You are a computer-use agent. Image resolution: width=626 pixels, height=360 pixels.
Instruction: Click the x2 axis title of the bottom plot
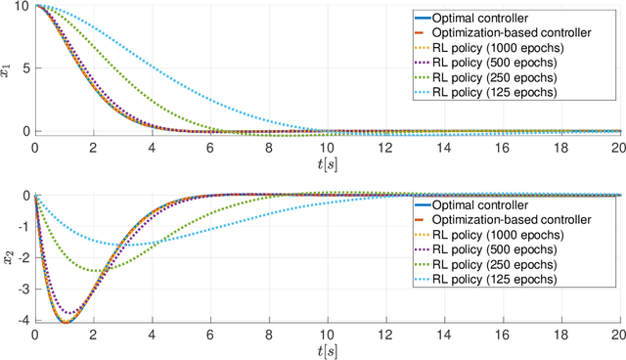tap(9, 258)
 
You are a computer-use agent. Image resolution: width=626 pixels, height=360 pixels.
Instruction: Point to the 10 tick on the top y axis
tap(23, 6)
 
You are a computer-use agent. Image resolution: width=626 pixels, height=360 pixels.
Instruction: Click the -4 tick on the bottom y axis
tap(24, 319)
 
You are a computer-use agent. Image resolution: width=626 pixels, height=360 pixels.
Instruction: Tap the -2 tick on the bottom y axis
tap(24, 257)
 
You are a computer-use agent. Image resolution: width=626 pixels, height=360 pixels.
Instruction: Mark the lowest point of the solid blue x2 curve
tap(66, 321)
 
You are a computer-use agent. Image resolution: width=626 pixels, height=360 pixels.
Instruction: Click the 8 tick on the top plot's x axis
tap(269, 146)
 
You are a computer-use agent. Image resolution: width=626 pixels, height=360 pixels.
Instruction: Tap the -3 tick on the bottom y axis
tap(24, 289)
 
